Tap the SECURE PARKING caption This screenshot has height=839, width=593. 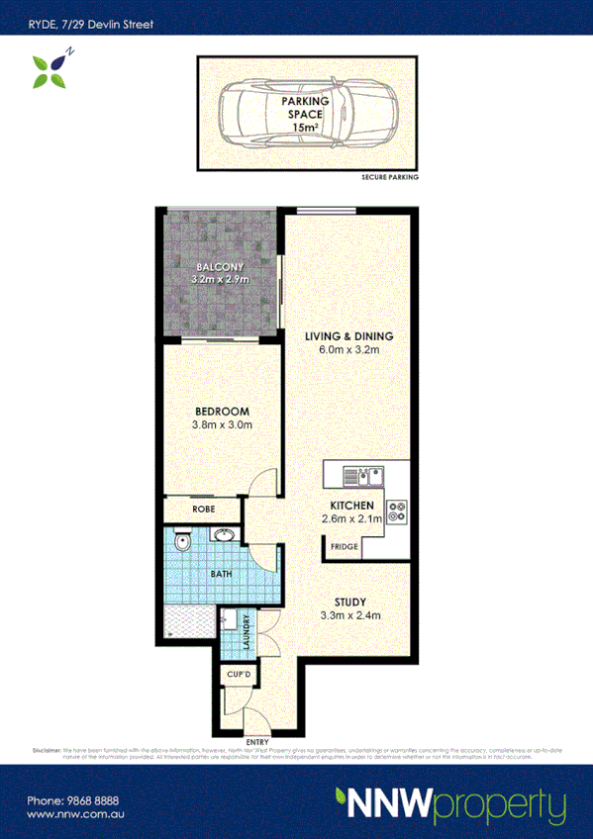click(389, 177)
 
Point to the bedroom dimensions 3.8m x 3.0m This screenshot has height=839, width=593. click(223, 425)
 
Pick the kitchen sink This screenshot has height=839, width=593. click(363, 477)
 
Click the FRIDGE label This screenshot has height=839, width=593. click(344, 546)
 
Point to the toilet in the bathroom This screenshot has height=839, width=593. click(181, 542)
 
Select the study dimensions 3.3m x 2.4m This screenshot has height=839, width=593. click(350, 615)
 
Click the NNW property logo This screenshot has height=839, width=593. click(450, 805)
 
